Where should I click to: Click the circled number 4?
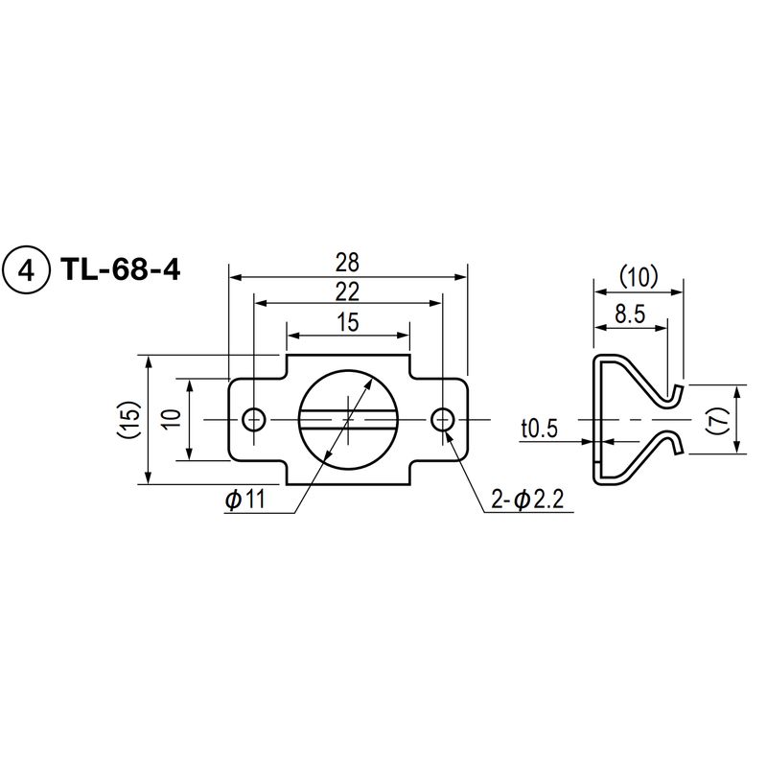tap(26, 270)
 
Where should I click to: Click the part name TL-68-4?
tap(121, 269)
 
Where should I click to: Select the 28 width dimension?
tap(347, 263)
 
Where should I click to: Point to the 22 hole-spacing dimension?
tap(347, 292)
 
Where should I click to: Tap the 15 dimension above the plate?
tap(347, 322)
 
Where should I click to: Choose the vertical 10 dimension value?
tap(173, 419)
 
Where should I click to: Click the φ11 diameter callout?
tap(245, 500)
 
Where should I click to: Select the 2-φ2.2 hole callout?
tap(526, 500)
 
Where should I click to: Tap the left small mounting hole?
tap(254, 419)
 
